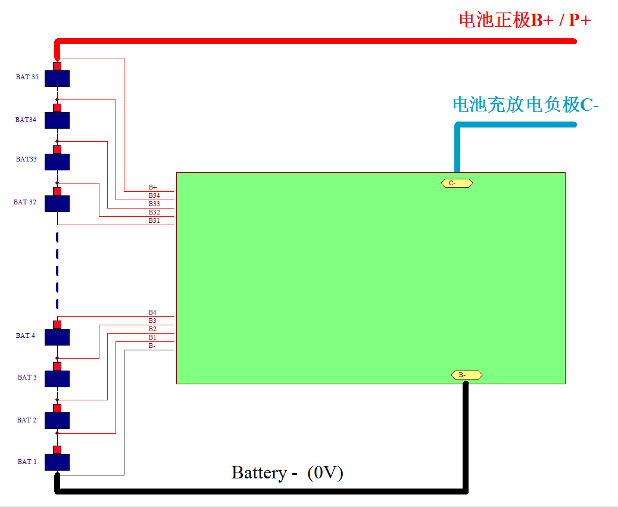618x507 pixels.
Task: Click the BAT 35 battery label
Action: point(27,77)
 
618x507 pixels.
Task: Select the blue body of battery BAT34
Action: point(57,120)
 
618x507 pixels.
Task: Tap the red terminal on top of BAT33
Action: point(57,150)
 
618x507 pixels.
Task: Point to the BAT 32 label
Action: point(25,202)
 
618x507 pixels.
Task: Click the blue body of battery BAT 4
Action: point(57,337)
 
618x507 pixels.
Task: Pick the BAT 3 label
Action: point(27,377)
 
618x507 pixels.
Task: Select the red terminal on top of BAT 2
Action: point(57,408)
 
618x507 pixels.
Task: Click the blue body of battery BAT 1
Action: point(57,462)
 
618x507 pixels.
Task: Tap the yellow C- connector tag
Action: point(457,183)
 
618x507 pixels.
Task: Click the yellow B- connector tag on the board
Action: point(467,375)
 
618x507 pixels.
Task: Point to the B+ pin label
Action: point(152,187)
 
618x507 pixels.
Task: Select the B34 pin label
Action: point(154,195)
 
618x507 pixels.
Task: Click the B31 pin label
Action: point(154,220)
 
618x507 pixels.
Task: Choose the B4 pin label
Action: point(152,312)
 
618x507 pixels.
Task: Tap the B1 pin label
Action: point(152,337)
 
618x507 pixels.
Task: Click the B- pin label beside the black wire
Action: point(152,346)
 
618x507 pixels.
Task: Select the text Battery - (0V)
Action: point(288,472)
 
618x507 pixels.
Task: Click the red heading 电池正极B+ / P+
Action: point(525,20)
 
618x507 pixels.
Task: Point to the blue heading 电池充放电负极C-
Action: point(526,104)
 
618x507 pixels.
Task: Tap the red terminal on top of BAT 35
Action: point(57,66)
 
